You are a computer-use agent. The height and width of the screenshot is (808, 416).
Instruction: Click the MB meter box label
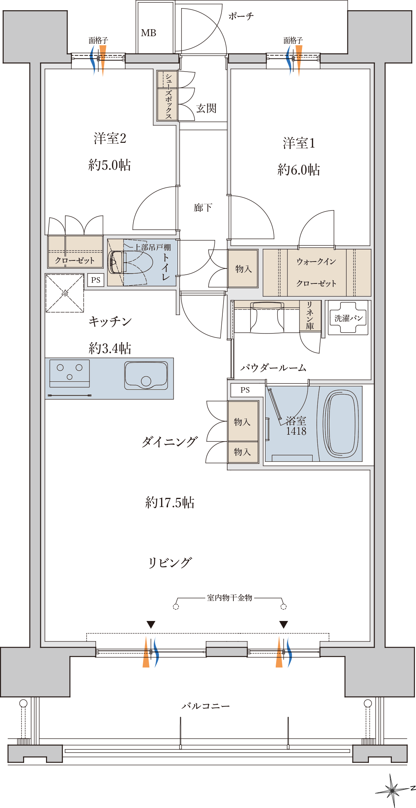[x=149, y=33]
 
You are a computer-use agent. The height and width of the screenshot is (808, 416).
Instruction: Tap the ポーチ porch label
[x=241, y=16]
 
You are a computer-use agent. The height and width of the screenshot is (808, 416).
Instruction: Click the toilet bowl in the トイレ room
[x=130, y=262]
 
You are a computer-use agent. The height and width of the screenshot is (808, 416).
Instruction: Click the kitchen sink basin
[x=146, y=376]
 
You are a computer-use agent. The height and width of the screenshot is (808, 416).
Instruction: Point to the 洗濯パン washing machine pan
[x=348, y=317]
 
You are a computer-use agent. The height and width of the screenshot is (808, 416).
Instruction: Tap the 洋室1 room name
[x=299, y=143]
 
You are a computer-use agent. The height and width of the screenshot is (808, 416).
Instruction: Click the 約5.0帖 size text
[x=110, y=165]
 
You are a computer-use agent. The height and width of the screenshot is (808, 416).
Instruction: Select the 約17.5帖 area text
[x=170, y=502]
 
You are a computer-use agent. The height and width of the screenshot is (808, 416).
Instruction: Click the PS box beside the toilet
[x=96, y=280]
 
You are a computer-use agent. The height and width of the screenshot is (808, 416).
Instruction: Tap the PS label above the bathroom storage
[x=245, y=390]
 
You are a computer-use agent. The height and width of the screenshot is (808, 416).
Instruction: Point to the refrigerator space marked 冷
[x=65, y=293]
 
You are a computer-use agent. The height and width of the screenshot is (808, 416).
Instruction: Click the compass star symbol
[x=393, y=790]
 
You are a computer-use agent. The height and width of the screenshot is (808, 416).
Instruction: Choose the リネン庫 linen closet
[x=310, y=316]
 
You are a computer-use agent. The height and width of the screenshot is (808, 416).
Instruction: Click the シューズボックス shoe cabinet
[x=167, y=96]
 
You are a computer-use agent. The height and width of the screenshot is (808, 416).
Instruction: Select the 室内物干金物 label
[x=229, y=598]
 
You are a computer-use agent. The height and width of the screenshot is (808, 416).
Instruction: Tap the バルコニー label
[x=206, y=706]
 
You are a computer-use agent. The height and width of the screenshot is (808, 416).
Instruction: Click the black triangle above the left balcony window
[x=151, y=625]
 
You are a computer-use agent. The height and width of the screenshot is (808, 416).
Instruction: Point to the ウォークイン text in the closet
[x=316, y=262]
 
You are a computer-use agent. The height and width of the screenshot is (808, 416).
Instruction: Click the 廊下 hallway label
[x=203, y=208]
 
